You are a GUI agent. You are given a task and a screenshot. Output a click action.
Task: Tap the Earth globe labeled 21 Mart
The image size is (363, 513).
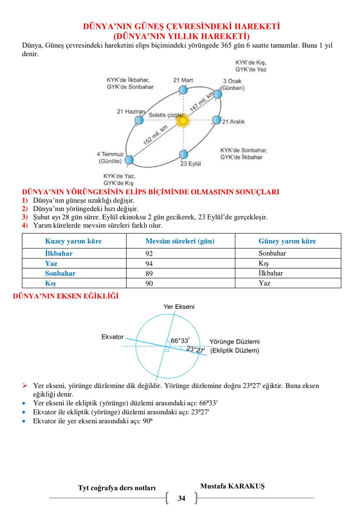183,90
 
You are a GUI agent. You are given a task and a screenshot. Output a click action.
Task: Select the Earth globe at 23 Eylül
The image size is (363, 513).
184,155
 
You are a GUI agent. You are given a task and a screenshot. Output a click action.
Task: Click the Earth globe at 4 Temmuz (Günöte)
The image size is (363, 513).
129,160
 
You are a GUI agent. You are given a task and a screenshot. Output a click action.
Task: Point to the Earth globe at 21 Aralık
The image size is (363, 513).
217,120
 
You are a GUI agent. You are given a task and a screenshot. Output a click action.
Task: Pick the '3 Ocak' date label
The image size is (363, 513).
232,81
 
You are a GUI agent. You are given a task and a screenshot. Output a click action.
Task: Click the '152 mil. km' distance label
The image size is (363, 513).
155,135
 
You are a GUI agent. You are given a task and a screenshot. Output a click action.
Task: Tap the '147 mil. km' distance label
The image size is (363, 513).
202,102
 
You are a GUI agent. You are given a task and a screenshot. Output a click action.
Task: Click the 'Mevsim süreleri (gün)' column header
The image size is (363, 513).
180,241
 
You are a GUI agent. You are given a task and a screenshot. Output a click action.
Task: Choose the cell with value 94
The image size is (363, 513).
149,264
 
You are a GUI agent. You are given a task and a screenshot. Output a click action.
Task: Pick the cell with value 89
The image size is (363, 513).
149,273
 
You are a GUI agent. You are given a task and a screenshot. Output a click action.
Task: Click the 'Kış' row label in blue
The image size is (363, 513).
50,283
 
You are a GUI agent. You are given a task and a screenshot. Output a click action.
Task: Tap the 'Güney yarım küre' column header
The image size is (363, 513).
287,241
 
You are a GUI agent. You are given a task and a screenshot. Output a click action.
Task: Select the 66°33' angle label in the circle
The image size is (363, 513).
180,341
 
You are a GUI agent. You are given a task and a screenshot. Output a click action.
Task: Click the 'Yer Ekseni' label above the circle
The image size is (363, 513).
179,307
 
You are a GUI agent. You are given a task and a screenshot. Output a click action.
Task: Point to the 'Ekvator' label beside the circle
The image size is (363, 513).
113,337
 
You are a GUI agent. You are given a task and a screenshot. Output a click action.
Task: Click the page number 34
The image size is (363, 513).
182,498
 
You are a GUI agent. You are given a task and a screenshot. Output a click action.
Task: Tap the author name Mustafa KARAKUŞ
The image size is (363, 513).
232,486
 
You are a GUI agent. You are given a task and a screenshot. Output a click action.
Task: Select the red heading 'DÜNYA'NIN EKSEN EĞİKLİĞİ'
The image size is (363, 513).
66,296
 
